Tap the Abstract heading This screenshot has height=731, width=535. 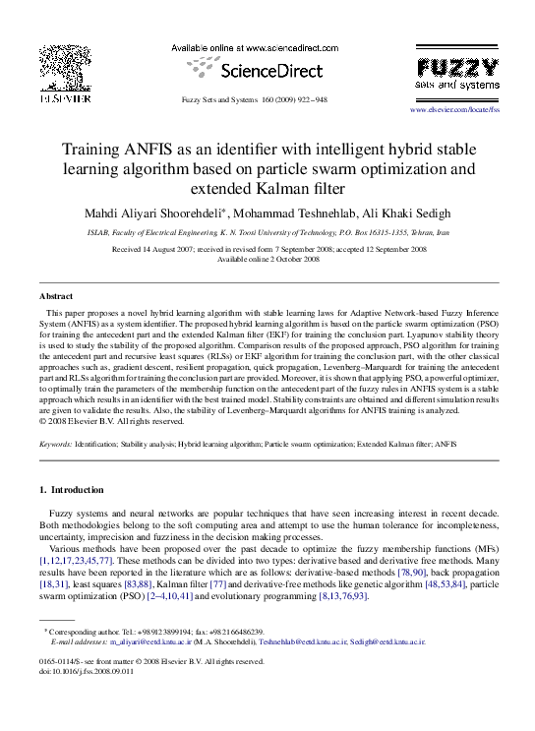(x=56, y=295)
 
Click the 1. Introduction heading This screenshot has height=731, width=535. (x=71, y=490)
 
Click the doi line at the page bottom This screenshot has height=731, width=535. (x=86, y=671)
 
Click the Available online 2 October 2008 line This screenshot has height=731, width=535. (x=267, y=260)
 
